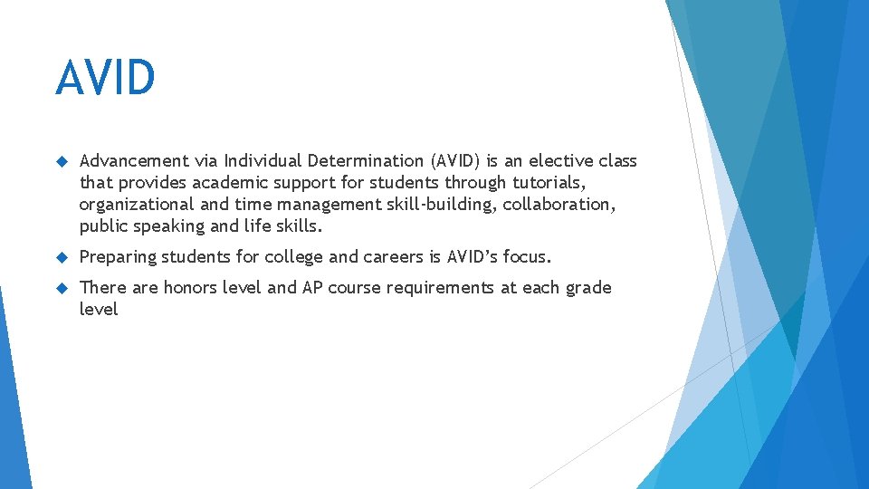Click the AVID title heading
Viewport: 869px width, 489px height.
(x=105, y=78)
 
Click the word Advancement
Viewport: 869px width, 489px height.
(x=134, y=161)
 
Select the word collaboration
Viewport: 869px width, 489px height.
(x=559, y=205)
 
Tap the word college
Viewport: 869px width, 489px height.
(x=293, y=257)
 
